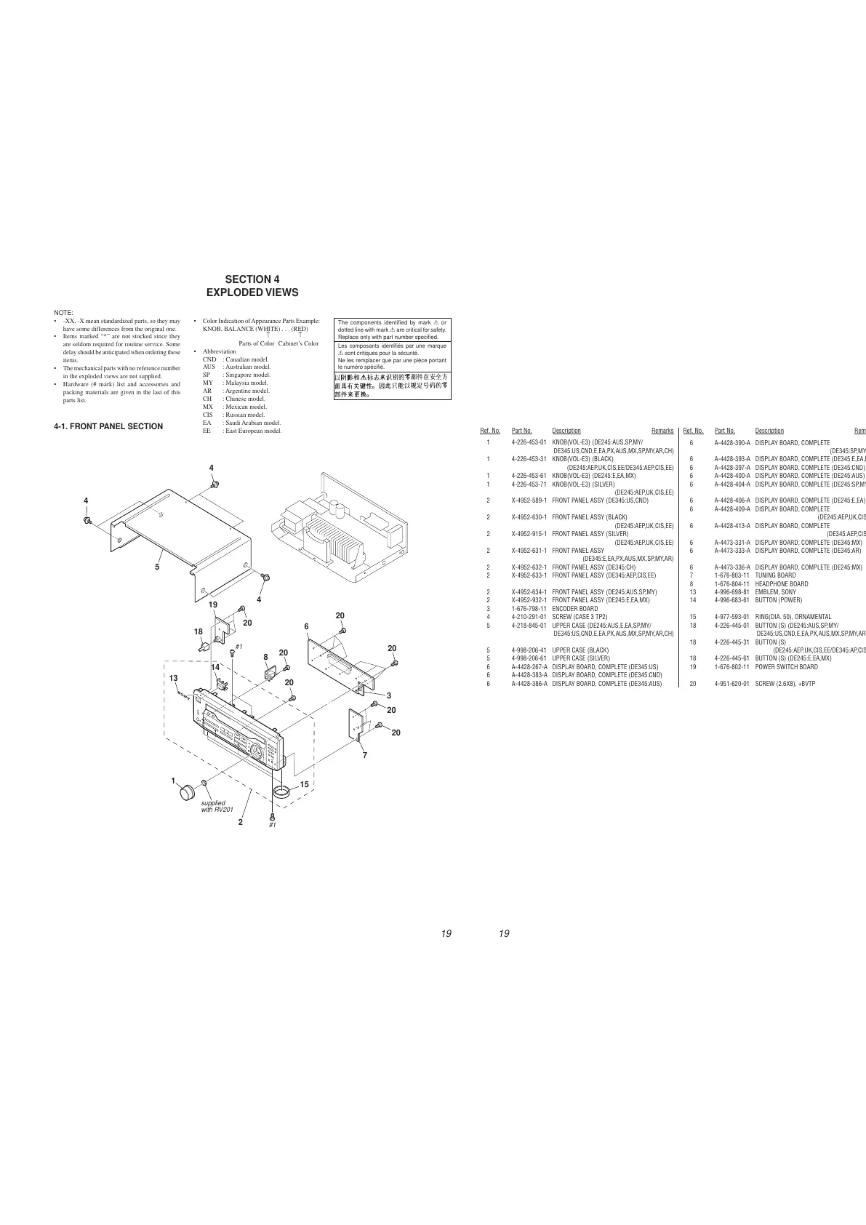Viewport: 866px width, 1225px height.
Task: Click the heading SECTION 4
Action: [252, 279]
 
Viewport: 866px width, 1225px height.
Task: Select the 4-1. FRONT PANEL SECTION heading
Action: [108, 426]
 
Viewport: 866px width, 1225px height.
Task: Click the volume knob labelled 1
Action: [189, 793]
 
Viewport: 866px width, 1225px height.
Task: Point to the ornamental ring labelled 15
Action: [281, 791]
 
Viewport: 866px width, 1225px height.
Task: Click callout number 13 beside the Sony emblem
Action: [173, 678]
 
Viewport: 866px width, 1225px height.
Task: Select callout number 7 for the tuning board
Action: [365, 754]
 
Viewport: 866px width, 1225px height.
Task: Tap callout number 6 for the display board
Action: [306, 626]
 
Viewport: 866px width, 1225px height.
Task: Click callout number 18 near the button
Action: [198, 631]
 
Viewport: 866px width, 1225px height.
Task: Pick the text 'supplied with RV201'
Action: [214, 806]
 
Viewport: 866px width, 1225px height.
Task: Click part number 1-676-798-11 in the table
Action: [529, 609]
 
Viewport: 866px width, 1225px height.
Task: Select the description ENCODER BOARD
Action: [575, 609]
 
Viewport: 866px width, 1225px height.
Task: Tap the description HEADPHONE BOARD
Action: [781, 584]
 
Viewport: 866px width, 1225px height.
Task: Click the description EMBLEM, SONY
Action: [775, 592]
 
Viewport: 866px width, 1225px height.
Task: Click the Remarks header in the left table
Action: [662, 431]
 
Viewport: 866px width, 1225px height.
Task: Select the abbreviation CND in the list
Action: [209, 359]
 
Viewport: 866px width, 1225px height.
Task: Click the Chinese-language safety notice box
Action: [392, 386]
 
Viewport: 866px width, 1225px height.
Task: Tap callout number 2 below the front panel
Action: [240, 823]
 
